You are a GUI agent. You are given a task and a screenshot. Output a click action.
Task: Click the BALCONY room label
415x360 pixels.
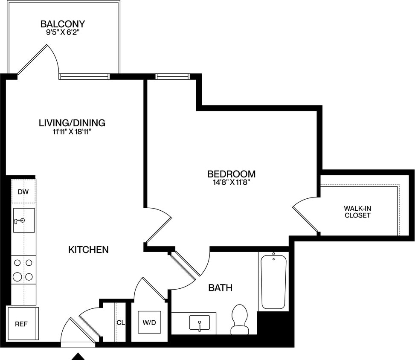[x=63, y=24]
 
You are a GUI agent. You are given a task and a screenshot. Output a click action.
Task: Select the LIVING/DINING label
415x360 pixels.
[x=72, y=123]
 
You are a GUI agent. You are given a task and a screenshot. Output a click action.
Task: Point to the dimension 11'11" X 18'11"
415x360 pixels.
[x=72, y=132]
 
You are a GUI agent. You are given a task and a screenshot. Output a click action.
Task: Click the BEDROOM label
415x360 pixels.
[x=231, y=174]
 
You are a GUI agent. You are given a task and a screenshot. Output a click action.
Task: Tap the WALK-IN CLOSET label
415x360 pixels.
[x=357, y=212]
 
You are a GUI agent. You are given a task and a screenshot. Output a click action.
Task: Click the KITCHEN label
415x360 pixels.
[x=88, y=250]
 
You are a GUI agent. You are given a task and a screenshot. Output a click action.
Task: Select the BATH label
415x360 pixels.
[x=220, y=288]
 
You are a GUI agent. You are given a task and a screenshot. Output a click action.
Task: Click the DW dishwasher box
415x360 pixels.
[x=23, y=192]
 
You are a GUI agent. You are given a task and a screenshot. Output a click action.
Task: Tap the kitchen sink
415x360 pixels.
[x=23, y=221]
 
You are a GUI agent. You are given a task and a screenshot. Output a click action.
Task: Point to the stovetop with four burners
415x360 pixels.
[x=23, y=270]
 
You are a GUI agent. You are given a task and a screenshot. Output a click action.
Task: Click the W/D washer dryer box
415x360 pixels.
[x=149, y=322]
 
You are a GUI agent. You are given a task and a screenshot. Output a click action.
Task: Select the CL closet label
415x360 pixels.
[x=120, y=322]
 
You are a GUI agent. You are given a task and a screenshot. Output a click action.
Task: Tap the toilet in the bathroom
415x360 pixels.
[x=239, y=319]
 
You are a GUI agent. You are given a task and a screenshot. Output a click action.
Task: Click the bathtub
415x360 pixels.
[x=273, y=282]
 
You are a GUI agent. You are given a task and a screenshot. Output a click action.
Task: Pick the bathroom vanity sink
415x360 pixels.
[x=199, y=323]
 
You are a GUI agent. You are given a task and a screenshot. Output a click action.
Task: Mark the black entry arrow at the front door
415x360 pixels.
[x=78, y=356]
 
